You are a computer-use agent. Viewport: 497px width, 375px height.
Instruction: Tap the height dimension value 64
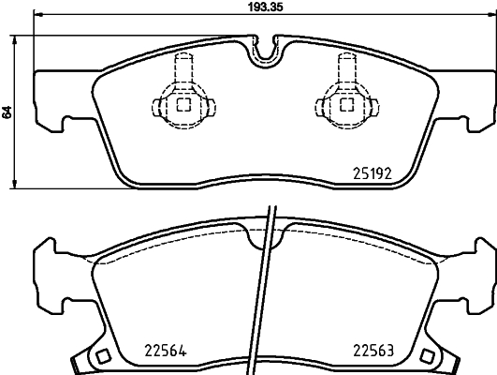[x=8, y=111]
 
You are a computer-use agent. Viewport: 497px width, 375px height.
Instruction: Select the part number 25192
[x=372, y=172]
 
